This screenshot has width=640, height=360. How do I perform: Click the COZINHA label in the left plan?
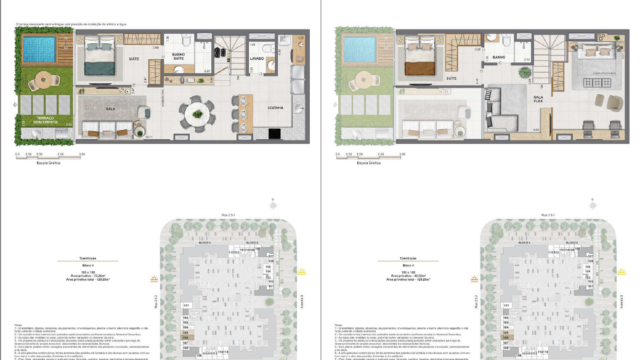[x=275, y=107]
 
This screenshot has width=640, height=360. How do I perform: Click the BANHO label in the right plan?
[x=497, y=59]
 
